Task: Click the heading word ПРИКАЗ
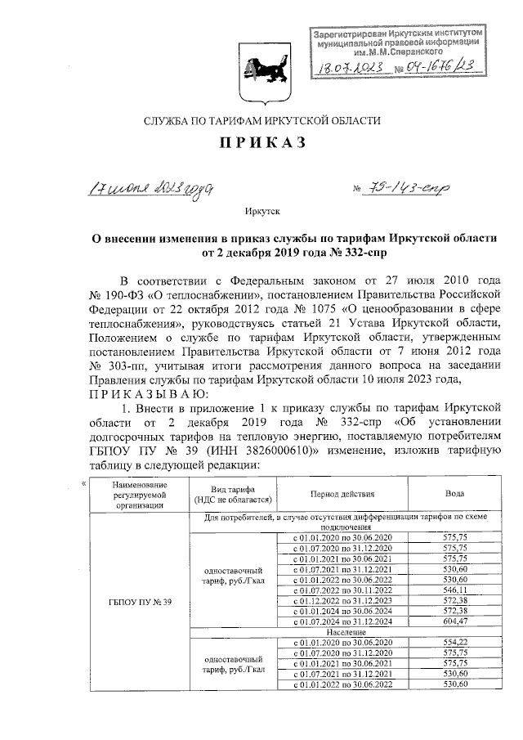click(261, 144)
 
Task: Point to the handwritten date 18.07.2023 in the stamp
click(358, 70)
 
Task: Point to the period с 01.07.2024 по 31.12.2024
click(343, 621)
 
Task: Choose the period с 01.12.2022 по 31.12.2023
click(343, 599)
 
